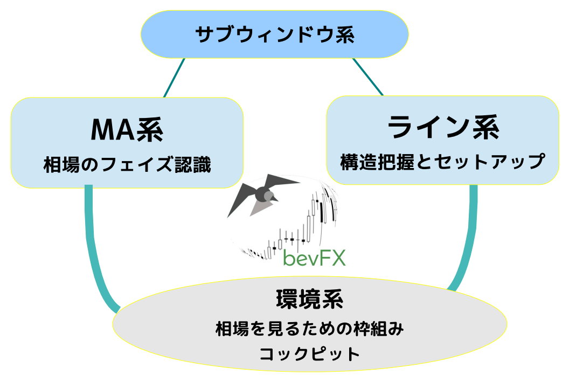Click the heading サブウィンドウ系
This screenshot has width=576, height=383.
pyautogui.click(x=274, y=35)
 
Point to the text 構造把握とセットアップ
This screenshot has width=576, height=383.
pyautogui.click(x=443, y=161)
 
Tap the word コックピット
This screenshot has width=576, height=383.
pyautogui.click(x=309, y=354)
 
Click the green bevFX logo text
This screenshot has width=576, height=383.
pyautogui.click(x=314, y=257)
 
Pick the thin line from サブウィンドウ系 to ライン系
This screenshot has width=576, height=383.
pyautogui.click(x=368, y=76)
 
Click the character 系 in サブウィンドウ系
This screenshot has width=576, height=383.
pyautogui.click(x=343, y=35)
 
